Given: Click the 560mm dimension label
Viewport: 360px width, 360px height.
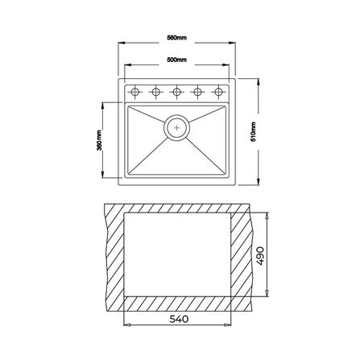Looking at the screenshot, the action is (176, 38).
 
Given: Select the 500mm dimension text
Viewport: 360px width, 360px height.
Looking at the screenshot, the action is (176, 60).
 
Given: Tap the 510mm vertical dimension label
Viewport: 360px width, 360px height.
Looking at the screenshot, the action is (253, 132).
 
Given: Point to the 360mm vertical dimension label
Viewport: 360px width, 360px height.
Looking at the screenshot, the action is (99, 140).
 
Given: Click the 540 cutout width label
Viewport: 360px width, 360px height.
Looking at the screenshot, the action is (179, 319).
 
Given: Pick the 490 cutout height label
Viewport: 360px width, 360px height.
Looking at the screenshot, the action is (260, 256).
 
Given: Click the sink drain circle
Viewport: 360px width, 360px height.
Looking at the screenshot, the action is (176, 127).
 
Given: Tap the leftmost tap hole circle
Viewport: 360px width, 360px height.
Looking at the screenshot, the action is (134, 92).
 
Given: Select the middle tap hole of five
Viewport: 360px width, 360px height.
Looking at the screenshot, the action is (176, 92).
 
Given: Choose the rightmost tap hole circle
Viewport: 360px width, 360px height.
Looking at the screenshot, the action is (218, 92).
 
